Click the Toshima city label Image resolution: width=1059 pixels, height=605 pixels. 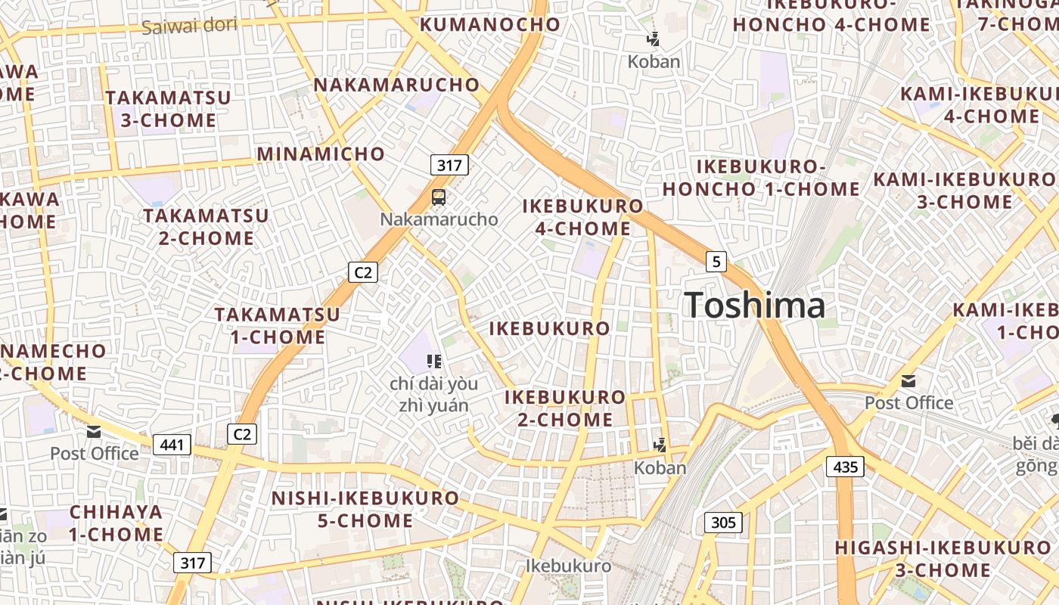pos(754,306)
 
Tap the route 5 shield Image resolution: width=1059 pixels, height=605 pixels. pos(716,262)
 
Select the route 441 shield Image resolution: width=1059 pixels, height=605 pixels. pos(172,445)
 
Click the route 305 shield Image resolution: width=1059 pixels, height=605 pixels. pos(723,522)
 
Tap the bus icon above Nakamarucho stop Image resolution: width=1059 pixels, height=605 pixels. pos(439,198)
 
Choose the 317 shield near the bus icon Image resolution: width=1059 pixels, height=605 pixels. pos(449,164)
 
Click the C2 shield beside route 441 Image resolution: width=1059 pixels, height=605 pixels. pos(242,434)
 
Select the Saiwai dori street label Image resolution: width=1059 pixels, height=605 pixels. pos(189,26)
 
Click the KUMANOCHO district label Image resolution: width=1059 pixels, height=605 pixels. pos(490,24)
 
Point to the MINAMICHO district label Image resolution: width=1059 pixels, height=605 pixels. pos(321,154)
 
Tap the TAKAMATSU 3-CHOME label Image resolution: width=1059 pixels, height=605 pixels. pos(168,109)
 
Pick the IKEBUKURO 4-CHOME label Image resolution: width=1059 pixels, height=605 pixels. pos(583,217)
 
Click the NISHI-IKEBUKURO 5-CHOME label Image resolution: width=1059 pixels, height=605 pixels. pos(365,510)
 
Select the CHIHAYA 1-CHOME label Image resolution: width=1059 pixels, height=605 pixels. pos(116,523)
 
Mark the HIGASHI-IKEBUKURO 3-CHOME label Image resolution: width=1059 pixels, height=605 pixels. pos(943,558)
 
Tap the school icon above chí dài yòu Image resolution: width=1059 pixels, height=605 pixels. pos(434,361)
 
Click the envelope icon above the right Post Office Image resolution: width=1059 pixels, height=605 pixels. pos(908,381)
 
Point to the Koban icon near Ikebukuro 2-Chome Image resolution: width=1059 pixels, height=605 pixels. pos(660,445)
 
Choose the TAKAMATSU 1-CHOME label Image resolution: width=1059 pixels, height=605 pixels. pos(277,325)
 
